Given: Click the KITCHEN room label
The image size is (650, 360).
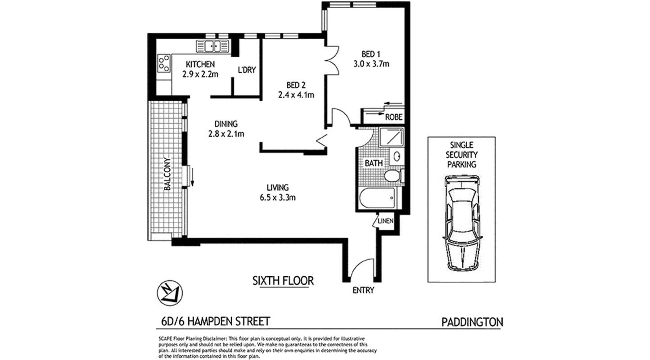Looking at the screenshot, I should point(200,64).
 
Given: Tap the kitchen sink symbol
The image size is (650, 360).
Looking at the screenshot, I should point(213,45).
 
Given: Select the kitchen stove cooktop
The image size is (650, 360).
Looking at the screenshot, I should point(164,63).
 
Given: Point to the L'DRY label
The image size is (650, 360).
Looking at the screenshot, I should point(247,70).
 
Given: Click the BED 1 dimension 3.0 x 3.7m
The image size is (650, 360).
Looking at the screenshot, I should point(370,63).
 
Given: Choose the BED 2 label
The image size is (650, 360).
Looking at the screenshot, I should point(296,85).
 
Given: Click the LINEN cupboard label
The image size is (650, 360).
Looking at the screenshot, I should point(386,221).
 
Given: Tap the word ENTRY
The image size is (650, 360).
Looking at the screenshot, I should point(363,290).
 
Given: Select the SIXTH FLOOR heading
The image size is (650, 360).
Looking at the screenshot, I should point(283,281).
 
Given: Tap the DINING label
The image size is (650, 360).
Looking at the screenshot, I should point(226,124).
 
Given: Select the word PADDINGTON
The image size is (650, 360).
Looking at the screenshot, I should point(471,322).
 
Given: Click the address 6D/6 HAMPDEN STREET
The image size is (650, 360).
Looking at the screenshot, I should point(215,321).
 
